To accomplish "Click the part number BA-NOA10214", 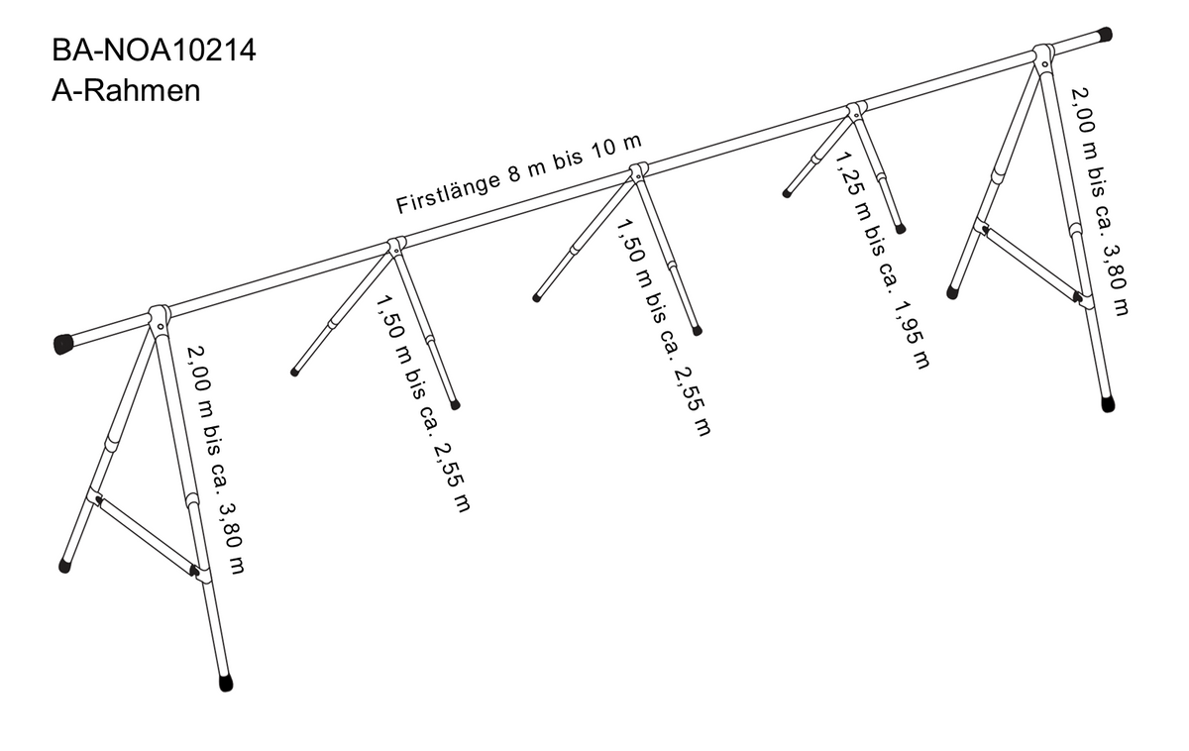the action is (154, 51).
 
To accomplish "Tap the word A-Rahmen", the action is (126, 91).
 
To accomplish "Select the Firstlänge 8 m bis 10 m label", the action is (519, 173).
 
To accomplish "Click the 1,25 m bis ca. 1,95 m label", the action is (883, 260).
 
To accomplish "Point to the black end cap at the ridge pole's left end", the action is (64, 344).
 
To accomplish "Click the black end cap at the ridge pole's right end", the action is (1104, 35).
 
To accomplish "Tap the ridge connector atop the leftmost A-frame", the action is (160, 317).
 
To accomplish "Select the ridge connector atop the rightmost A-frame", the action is (1043, 56).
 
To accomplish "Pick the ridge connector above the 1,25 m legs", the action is (856, 110).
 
